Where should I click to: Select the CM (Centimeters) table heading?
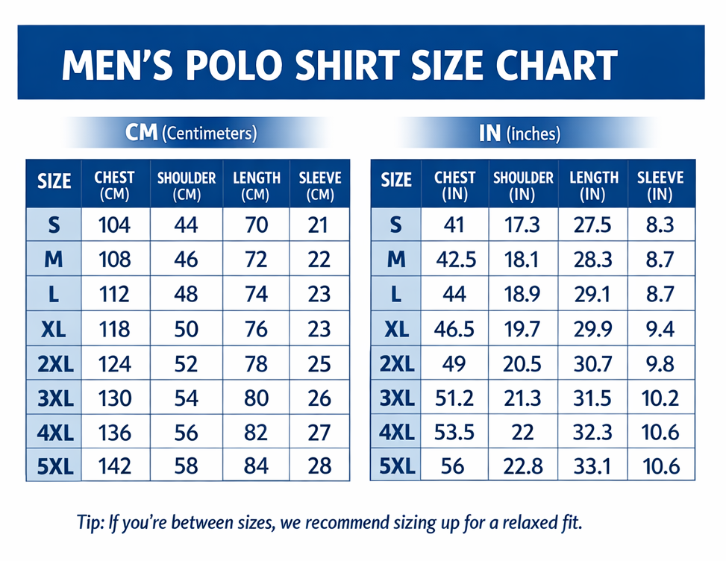[x=192, y=134]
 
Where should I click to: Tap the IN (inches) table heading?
[x=519, y=134]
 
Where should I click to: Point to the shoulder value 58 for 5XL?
[x=186, y=466]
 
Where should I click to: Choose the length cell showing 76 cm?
[x=256, y=328]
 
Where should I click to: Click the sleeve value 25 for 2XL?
[x=319, y=363]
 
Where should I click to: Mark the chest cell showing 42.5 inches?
[x=454, y=260]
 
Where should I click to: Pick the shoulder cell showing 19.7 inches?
[x=523, y=328]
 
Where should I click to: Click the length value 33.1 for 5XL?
[x=593, y=466]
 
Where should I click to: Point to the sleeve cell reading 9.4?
[x=660, y=328]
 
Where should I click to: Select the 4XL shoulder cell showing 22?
[x=523, y=432]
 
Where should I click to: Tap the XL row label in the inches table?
[x=395, y=328]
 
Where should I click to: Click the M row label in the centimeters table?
[x=54, y=260]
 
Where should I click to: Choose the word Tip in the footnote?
[x=90, y=521]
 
